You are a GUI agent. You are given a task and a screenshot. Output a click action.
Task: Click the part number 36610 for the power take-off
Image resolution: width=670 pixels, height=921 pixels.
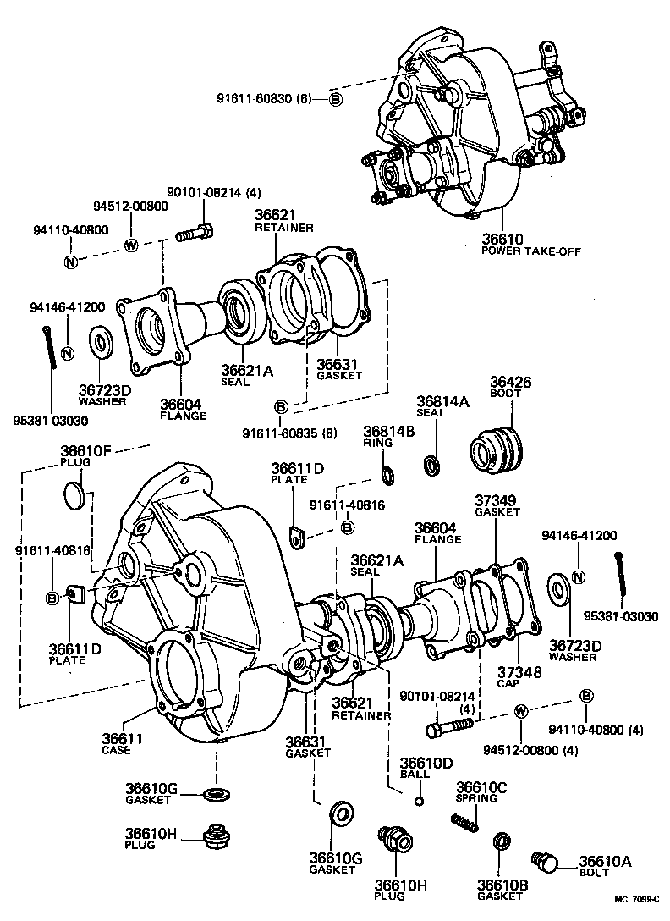coord(502,240)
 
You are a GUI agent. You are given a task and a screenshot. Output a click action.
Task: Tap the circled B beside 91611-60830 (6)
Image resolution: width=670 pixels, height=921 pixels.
coord(335,99)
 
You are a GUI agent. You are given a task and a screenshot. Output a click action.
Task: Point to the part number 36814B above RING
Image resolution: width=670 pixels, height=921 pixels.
coord(389,432)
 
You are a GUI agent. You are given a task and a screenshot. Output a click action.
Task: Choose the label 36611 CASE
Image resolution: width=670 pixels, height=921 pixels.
coord(122,738)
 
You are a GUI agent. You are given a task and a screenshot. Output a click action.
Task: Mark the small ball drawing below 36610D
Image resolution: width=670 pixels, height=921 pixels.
coord(417,800)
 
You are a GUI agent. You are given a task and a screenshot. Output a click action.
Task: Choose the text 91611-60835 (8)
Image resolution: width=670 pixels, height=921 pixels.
coord(288,433)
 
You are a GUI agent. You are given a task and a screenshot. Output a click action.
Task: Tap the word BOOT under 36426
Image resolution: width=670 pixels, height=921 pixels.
coord(506,394)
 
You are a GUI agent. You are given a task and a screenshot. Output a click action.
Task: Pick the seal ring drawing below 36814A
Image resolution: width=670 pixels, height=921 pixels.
coord(431,464)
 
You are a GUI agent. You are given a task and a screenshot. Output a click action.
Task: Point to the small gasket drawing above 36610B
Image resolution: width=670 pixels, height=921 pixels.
coord(502,842)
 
